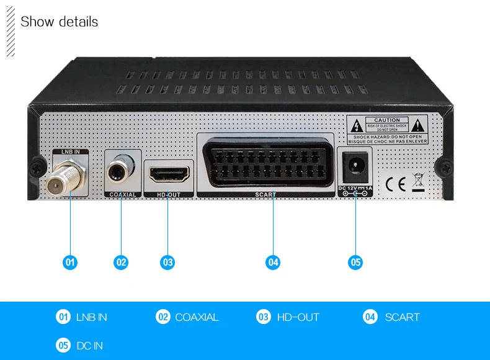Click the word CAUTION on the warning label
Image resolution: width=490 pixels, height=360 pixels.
[386, 120]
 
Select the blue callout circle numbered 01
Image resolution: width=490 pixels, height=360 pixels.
[70, 263]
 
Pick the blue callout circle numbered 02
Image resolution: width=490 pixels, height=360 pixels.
[121, 263]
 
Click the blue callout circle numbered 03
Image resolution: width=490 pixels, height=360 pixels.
[167, 263]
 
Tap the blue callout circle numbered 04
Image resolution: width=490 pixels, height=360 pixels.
[273, 263]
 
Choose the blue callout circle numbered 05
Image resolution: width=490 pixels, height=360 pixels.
[355, 263]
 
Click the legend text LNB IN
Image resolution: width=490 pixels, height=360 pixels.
[91, 317]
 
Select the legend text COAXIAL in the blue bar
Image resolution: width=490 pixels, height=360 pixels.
[197, 317]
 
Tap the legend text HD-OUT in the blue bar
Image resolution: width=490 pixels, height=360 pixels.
[298, 317]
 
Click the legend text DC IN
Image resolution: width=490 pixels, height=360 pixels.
[89, 346]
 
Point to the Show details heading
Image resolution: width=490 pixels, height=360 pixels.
[59, 22]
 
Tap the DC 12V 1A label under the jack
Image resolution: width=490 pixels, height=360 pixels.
[355, 187]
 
